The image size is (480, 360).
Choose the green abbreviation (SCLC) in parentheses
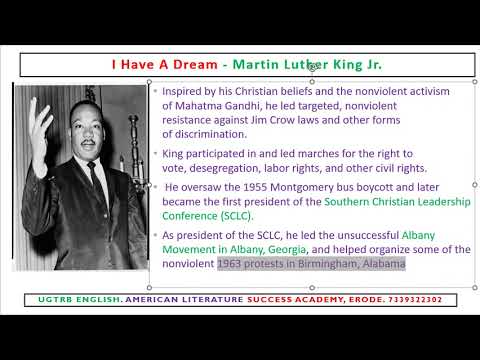[234, 215]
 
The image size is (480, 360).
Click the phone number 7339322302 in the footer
[423, 300]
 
